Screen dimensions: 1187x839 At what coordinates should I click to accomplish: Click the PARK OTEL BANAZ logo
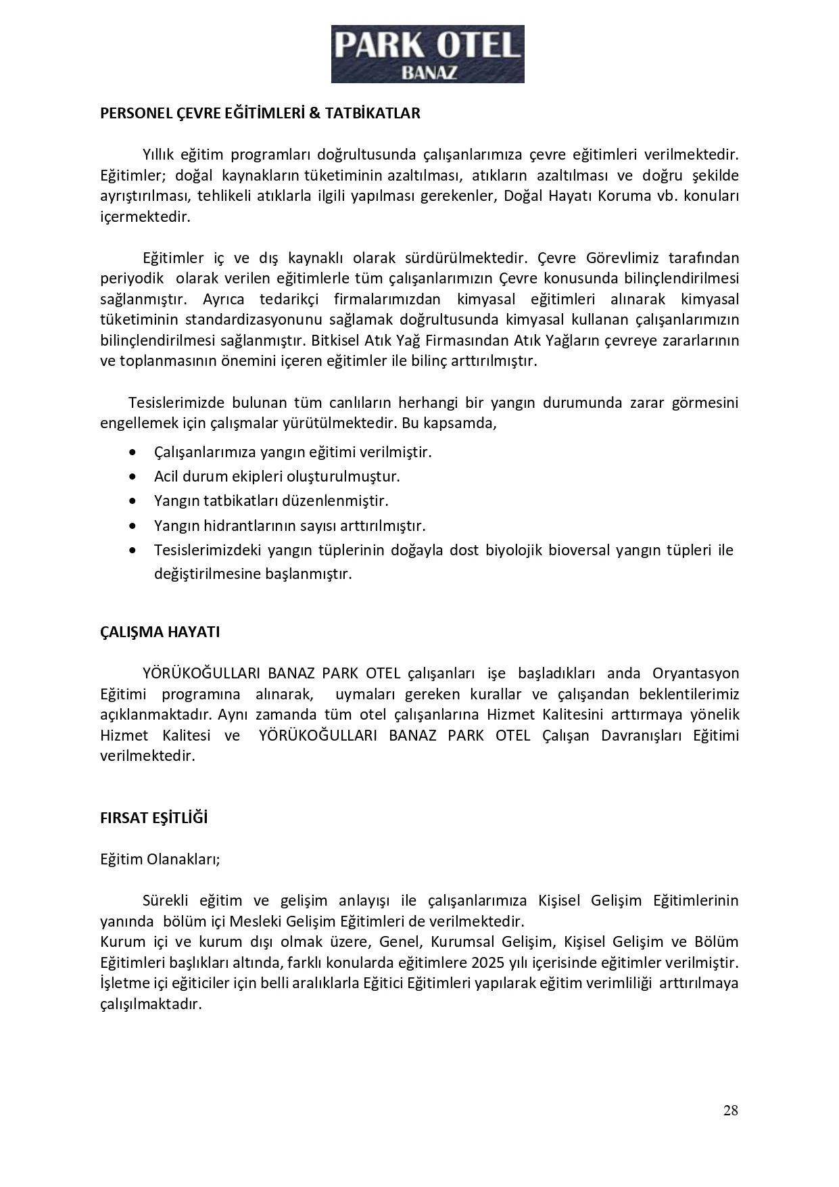point(427,54)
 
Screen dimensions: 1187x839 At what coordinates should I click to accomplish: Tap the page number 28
point(730,1110)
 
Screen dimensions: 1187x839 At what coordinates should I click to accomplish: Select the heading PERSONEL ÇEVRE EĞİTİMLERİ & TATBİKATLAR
point(260,113)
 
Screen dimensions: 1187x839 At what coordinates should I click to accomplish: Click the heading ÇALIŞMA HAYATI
point(160,632)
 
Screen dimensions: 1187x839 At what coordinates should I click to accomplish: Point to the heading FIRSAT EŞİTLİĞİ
point(153,818)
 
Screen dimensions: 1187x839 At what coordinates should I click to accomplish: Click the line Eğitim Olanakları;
point(160,859)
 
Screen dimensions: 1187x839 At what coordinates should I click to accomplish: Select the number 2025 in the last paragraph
point(488,962)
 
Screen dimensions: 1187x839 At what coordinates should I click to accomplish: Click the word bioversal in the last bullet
point(579,550)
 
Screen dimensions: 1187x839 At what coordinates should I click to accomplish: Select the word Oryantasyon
point(696,673)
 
